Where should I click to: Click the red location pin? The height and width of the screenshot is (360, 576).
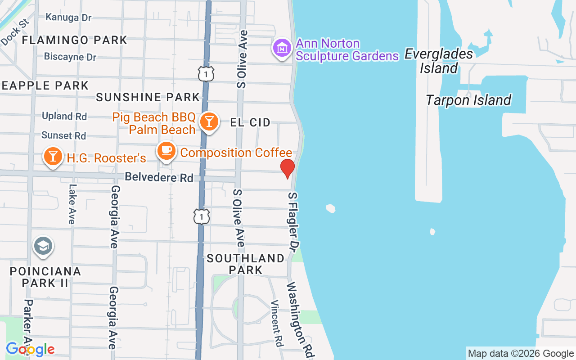[287, 168]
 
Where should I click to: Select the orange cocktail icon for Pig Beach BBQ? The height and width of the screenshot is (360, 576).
[209, 121]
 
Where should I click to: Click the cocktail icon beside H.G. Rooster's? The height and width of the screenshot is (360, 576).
[53, 157]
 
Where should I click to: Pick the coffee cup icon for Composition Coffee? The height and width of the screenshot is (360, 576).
[166, 151]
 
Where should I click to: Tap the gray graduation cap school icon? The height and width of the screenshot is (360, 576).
[43, 246]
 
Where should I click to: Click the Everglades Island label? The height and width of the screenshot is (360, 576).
[439, 61]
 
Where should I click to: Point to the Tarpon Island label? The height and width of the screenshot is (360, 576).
[468, 100]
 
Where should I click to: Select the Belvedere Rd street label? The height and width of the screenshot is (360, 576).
[159, 177]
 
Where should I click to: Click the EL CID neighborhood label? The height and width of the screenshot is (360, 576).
[250, 122]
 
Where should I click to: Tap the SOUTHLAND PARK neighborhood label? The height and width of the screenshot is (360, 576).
[246, 264]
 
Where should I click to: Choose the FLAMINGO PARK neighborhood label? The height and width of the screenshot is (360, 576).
[75, 40]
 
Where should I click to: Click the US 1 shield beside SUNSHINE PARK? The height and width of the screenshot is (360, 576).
[206, 74]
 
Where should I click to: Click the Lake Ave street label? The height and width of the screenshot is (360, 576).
[72, 204]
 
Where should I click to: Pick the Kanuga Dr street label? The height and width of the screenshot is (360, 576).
[68, 18]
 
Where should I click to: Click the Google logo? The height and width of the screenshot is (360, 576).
[30, 349]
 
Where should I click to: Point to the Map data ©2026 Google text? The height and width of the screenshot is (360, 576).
[520, 354]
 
